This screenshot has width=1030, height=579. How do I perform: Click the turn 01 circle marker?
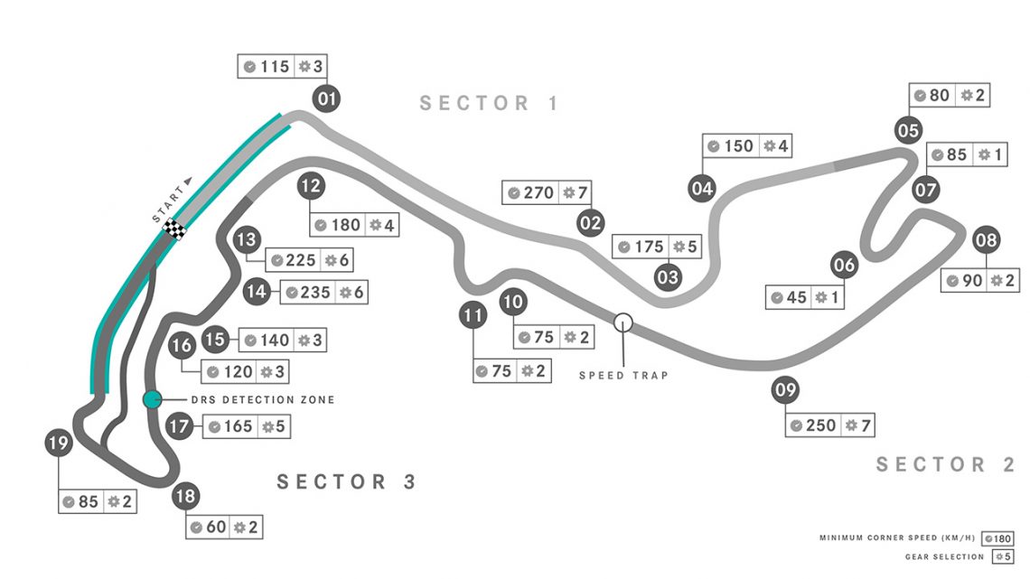(327, 98)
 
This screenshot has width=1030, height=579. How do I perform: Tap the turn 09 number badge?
(786, 392)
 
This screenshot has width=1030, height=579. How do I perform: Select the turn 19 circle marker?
(59, 443)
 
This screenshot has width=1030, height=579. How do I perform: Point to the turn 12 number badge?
(311, 187)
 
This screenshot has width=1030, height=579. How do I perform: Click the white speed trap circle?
(623, 322)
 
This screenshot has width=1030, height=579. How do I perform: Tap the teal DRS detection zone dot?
(153, 398)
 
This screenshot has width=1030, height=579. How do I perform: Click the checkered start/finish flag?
(175, 230)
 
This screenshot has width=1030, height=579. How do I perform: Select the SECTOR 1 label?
(489, 103)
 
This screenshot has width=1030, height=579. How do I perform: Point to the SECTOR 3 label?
(347, 481)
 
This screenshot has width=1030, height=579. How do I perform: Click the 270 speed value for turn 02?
(539, 192)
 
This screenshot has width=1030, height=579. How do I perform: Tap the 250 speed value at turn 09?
(821, 425)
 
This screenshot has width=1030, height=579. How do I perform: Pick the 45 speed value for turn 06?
(797, 297)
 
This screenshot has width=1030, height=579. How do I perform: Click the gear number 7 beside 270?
(583, 192)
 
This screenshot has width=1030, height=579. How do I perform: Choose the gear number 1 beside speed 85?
(998, 154)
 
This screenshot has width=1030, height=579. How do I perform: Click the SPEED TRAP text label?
(623, 375)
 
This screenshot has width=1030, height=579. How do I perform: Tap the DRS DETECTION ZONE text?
(262, 399)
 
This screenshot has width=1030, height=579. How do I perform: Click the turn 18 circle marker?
(186, 496)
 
